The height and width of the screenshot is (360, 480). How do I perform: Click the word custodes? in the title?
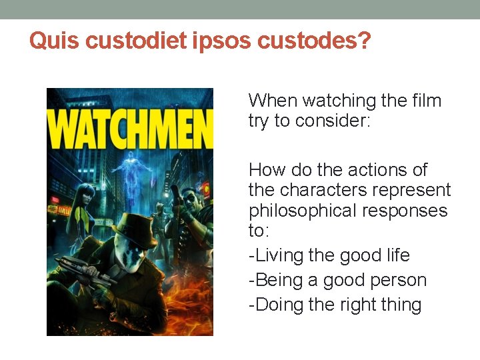point(314,41)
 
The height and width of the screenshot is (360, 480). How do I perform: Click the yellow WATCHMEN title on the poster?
point(130,131)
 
